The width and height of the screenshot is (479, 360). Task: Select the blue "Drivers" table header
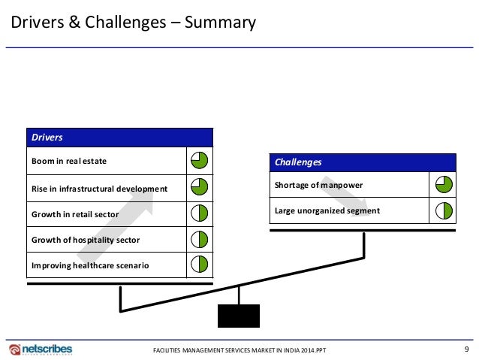119,138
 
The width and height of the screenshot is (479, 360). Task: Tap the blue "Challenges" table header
364,162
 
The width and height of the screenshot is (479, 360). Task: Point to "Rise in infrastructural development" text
100,188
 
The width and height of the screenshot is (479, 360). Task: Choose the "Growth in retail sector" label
76,214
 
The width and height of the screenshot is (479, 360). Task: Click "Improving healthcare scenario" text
90,265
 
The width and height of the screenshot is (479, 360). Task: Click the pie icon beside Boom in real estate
199,160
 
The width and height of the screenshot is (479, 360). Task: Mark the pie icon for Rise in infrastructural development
199,187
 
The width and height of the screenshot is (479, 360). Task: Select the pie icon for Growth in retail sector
199,214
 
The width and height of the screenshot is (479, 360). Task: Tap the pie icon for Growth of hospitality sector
199,240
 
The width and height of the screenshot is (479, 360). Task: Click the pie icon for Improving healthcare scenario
199,265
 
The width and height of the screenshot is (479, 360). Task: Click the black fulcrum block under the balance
239,316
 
